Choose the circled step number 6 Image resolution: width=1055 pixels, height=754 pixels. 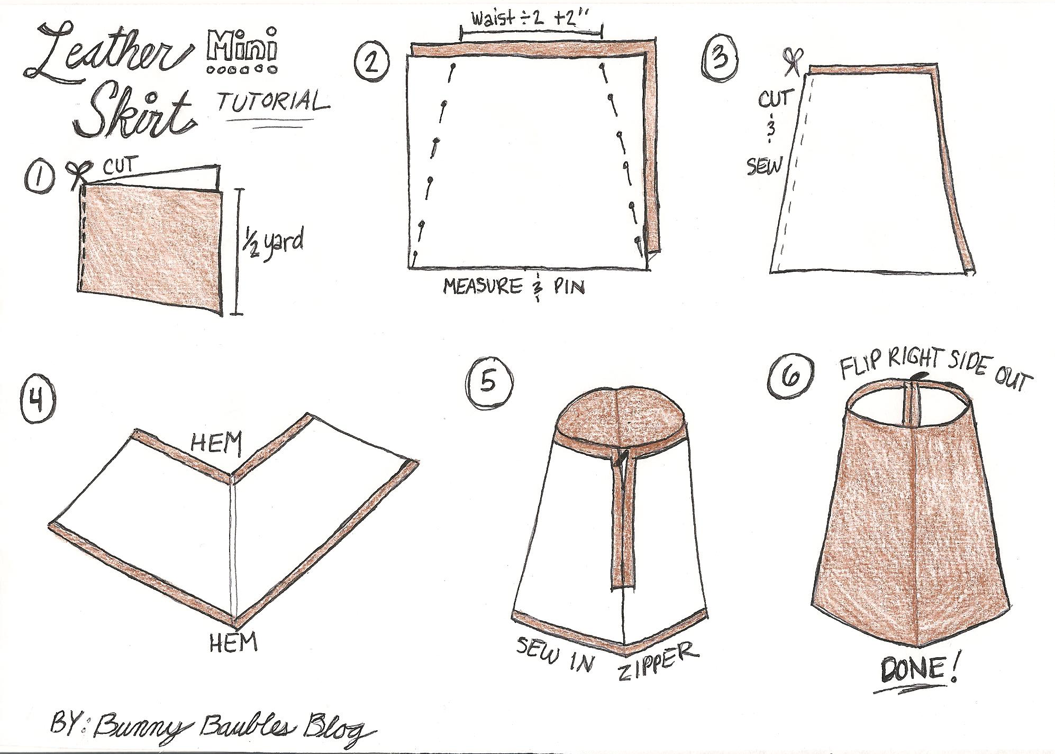(790, 377)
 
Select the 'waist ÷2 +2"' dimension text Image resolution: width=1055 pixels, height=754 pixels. (531, 19)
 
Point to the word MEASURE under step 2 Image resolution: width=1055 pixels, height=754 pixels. (483, 286)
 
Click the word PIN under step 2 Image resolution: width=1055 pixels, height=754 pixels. (569, 287)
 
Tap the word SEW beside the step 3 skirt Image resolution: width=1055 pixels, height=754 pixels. (764, 167)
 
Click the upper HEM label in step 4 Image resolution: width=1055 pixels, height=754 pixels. (216, 443)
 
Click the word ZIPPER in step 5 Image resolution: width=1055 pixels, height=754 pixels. (658, 661)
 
